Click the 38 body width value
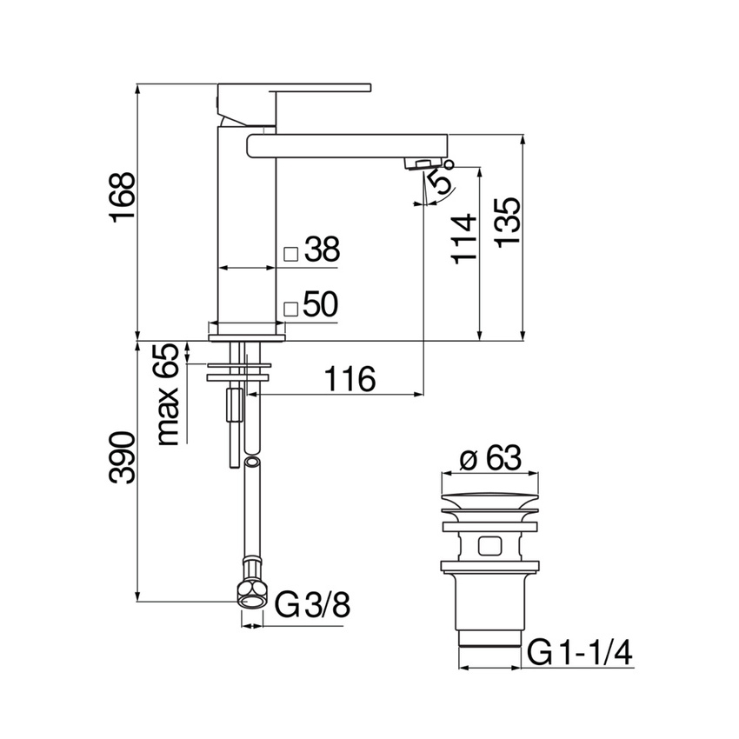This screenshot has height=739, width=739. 321,250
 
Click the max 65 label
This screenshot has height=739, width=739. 170,394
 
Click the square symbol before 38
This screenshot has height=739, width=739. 291,253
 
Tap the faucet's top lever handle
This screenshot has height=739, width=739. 296,88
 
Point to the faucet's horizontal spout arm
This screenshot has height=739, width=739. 348,144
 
